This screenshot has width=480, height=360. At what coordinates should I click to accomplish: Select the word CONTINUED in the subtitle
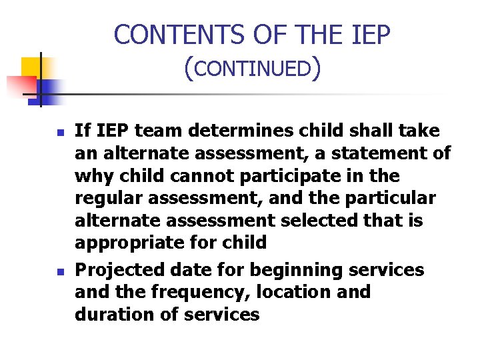[254, 69]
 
